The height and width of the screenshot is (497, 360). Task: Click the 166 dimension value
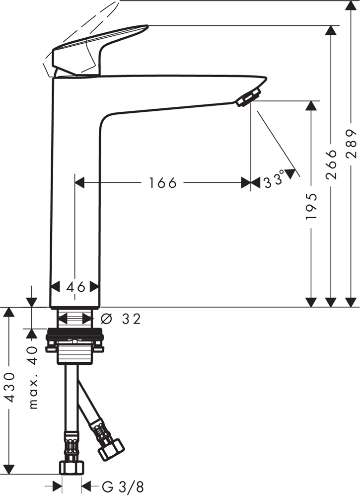coord(162,183)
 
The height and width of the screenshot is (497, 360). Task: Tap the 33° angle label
coord(274,180)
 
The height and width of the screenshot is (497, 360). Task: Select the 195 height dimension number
coord(311,206)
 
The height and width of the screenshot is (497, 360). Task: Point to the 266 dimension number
coord(331,164)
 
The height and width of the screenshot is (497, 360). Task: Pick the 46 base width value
coord(76,287)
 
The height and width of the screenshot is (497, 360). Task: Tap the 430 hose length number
coord(10,387)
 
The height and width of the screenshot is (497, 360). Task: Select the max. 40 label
coord(33,378)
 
